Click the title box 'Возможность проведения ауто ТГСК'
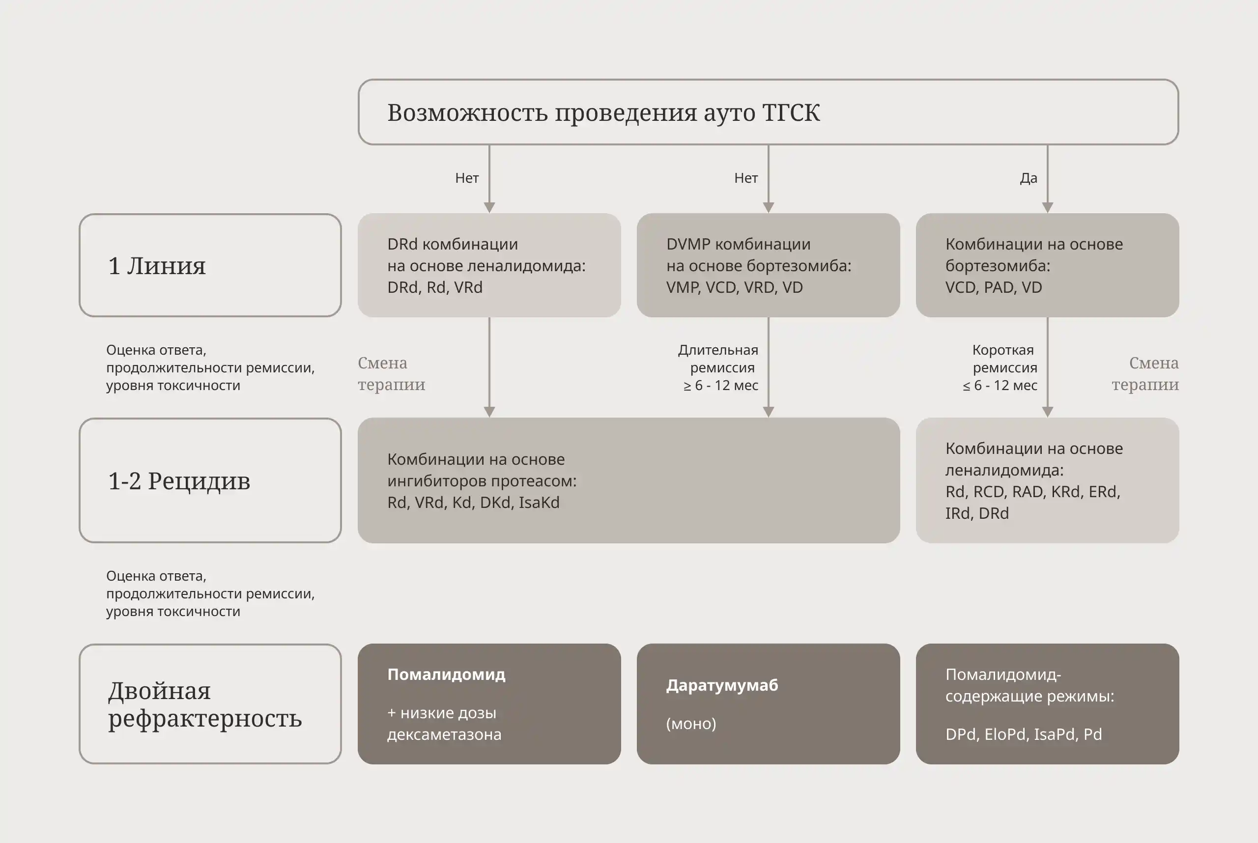[x=768, y=112]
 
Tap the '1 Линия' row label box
[x=210, y=265]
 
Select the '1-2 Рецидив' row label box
[x=210, y=480]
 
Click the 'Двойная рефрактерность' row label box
[x=210, y=704]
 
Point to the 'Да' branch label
[x=1029, y=178]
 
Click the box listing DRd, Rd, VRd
[x=489, y=265]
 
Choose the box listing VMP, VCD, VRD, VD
[x=768, y=265]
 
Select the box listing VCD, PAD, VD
[x=1047, y=265]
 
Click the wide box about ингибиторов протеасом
[x=628, y=480]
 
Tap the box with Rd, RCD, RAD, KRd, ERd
[x=1047, y=480]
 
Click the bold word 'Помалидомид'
[x=446, y=674]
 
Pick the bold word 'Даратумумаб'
[x=722, y=685]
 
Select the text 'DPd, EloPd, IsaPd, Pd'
[x=1024, y=734]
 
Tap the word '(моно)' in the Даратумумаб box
[x=691, y=724]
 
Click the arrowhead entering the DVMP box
[x=768, y=207]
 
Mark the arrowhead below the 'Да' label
[x=1047, y=207]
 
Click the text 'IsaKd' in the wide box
[x=539, y=502]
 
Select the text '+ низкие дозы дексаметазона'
[x=444, y=723]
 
